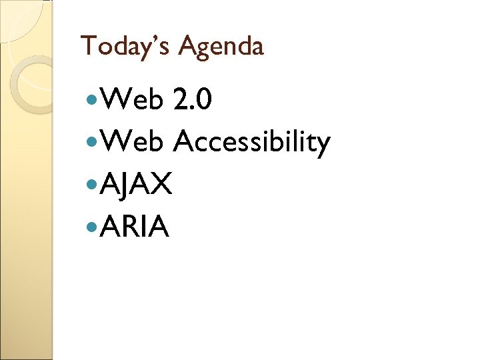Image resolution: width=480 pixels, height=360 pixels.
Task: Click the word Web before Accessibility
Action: pyautogui.click(x=133, y=141)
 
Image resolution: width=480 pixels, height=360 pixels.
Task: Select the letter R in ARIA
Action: pyautogui.click(x=132, y=227)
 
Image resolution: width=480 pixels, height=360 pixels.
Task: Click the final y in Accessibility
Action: pyautogui.click(x=322, y=145)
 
